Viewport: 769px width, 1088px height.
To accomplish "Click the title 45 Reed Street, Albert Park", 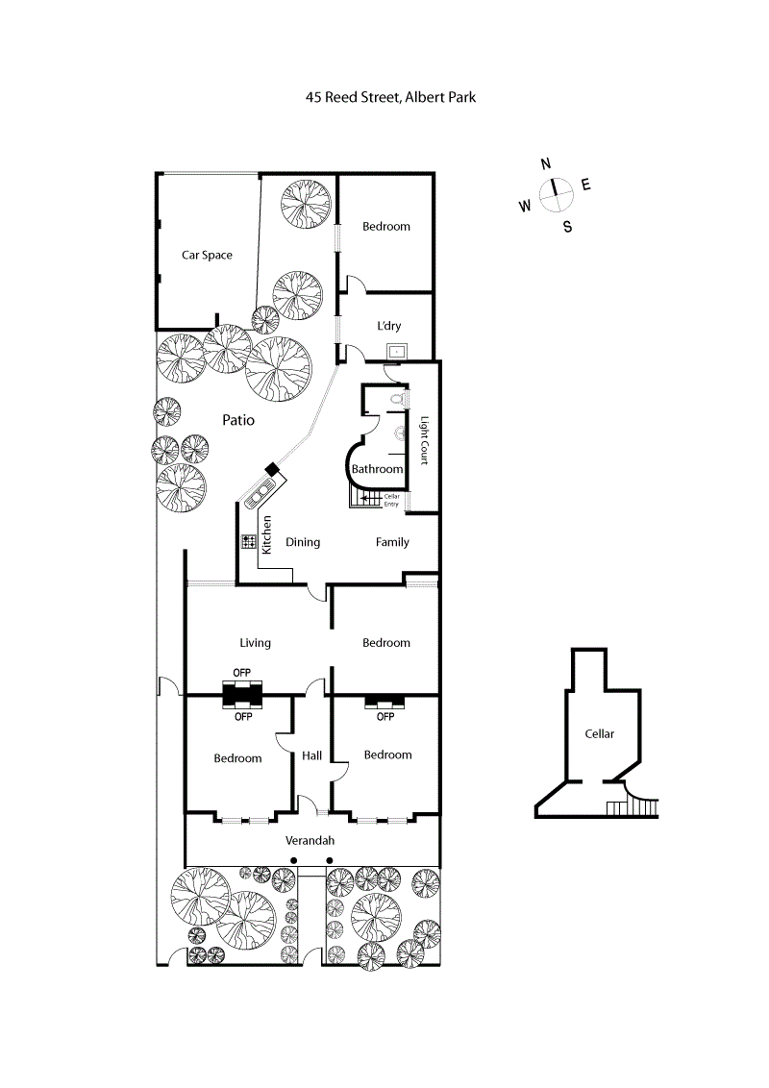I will pyautogui.click(x=390, y=97).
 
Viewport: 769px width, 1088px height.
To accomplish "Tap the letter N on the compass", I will pyautogui.click(x=546, y=163).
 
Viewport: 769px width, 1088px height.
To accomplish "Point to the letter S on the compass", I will pyautogui.click(x=567, y=228).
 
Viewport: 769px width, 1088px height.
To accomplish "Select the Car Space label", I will pyautogui.click(x=208, y=255).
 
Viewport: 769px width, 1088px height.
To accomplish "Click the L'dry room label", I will pyautogui.click(x=388, y=326).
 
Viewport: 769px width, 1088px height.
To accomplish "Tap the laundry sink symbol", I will pyautogui.click(x=395, y=351).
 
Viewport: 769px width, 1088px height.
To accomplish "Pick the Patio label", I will pyautogui.click(x=238, y=419).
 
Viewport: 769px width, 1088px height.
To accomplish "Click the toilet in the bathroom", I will pyautogui.click(x=398, y=398).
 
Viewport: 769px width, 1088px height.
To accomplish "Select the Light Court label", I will pyautogui.click(x=422, y=441).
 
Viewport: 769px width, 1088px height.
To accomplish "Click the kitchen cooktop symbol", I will pyautogui.click(x=248, y=542).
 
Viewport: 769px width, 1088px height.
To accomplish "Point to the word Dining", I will pyautogui.click(x=303, y=542).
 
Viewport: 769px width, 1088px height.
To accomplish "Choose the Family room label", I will pyautogui.click(x=392, y=542).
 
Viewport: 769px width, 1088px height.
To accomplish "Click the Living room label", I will pyautogui.click(x=256, y=643).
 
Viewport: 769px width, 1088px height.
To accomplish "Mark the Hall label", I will pyautogui.click(x=311, y=756).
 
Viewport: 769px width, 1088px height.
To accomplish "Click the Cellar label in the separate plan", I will pyautogui.click(x=600, y=733).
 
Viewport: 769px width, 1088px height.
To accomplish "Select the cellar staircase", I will pyautogui.click(x=634, y=805).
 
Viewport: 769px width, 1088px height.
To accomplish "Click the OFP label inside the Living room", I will pyautogui.click(x=242, y=673).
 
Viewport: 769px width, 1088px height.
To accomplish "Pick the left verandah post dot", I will pyautogui.click(x=295, y=860).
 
